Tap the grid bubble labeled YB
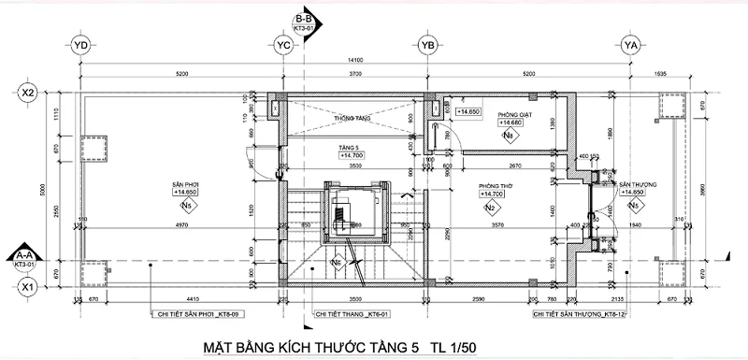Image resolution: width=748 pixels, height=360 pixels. click(x=428, y=44)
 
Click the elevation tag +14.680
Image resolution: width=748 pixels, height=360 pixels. click(x=510, y=123)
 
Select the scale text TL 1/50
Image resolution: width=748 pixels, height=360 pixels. click(x=456, y=347)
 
